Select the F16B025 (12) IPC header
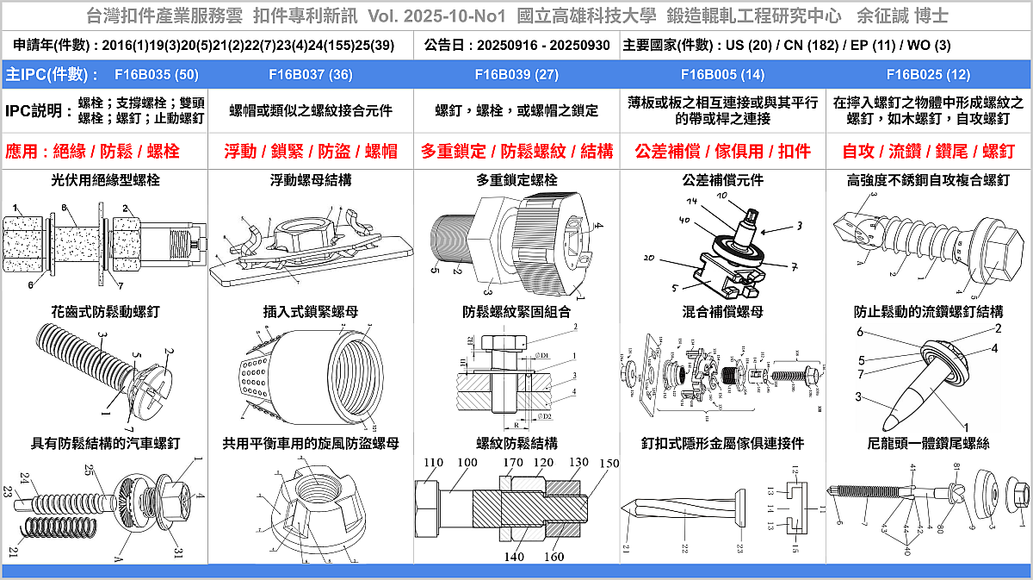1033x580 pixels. pyautogui.click(x=927, y=74)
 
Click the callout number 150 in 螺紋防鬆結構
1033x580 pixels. pyautogui.click(x=609, y=464)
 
